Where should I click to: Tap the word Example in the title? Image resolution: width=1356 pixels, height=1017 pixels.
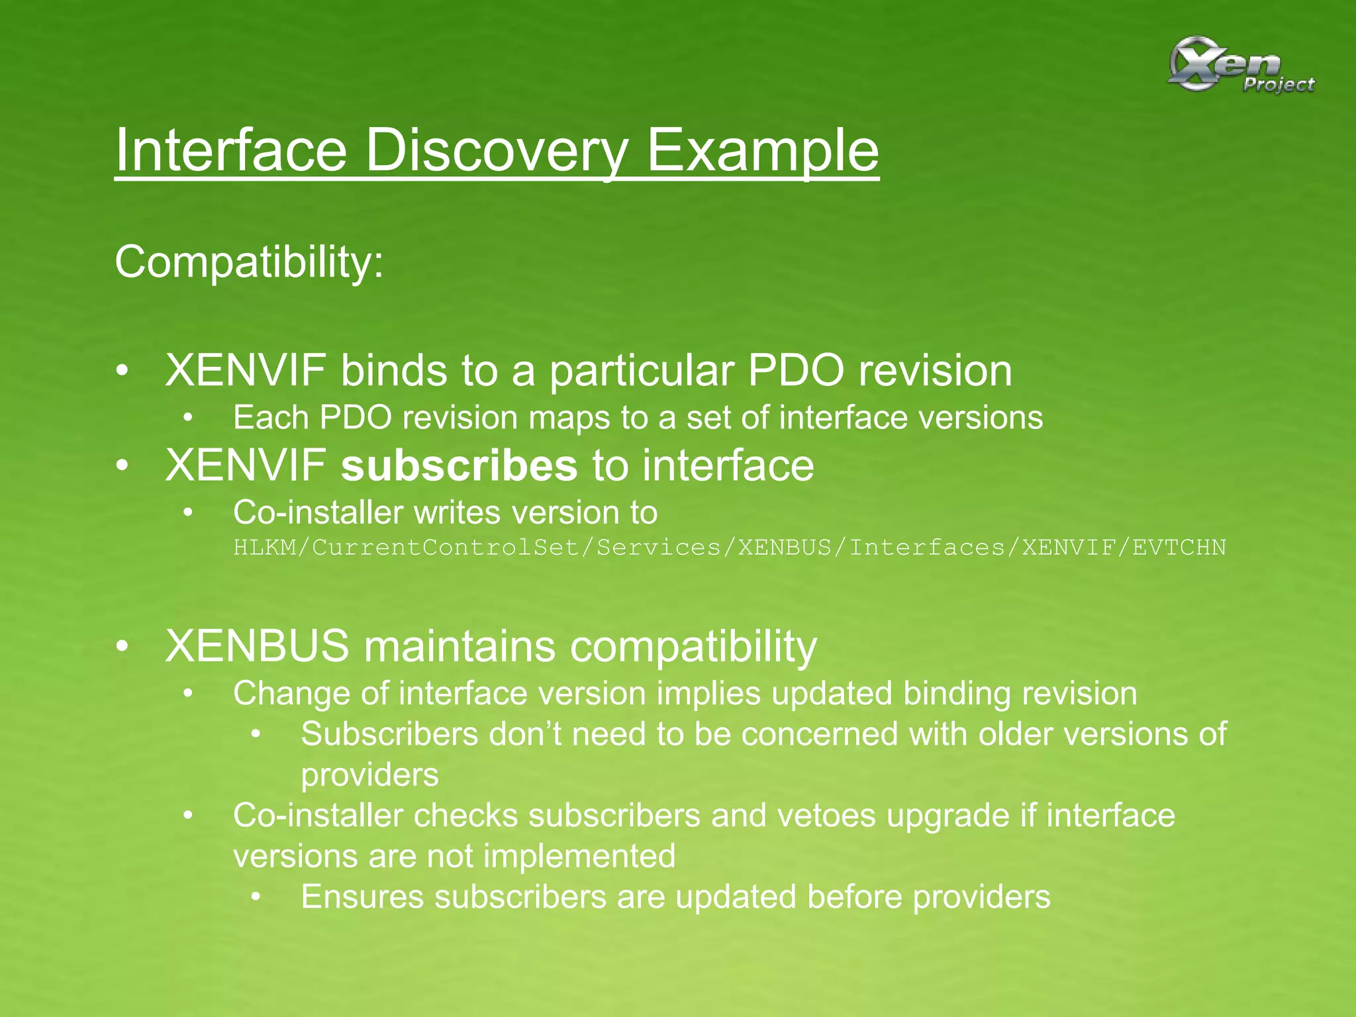click(762, 151)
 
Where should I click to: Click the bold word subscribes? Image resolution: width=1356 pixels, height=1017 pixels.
click(459, 465)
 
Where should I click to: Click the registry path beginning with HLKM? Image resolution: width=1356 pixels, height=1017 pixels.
click(729, 548)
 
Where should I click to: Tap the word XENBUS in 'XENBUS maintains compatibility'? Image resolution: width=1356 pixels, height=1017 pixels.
click(257, 646)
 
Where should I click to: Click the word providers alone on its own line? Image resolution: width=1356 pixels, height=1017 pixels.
click(369, 775)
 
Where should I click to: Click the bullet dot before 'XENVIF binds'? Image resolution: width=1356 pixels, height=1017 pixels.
click(121, 371)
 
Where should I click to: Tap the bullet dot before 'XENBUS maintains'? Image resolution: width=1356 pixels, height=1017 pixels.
click(121, 646)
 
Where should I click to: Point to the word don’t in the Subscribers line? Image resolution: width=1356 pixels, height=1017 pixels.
click(525, 734)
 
